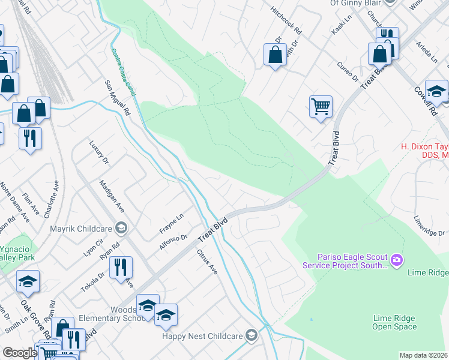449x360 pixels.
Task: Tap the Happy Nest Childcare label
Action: click(x=204, y=335)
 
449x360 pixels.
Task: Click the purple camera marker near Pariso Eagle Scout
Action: click(x=396, y=260)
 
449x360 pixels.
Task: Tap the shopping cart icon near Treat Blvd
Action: click(x=321, y=107)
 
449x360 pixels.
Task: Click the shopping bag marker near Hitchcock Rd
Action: click(x=274, y=55)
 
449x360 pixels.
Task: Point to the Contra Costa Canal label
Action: click(x=122, y=68)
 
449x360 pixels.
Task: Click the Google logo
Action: click(x=20, y=353)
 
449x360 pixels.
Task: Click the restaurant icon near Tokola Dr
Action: click(x=121, y=267)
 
